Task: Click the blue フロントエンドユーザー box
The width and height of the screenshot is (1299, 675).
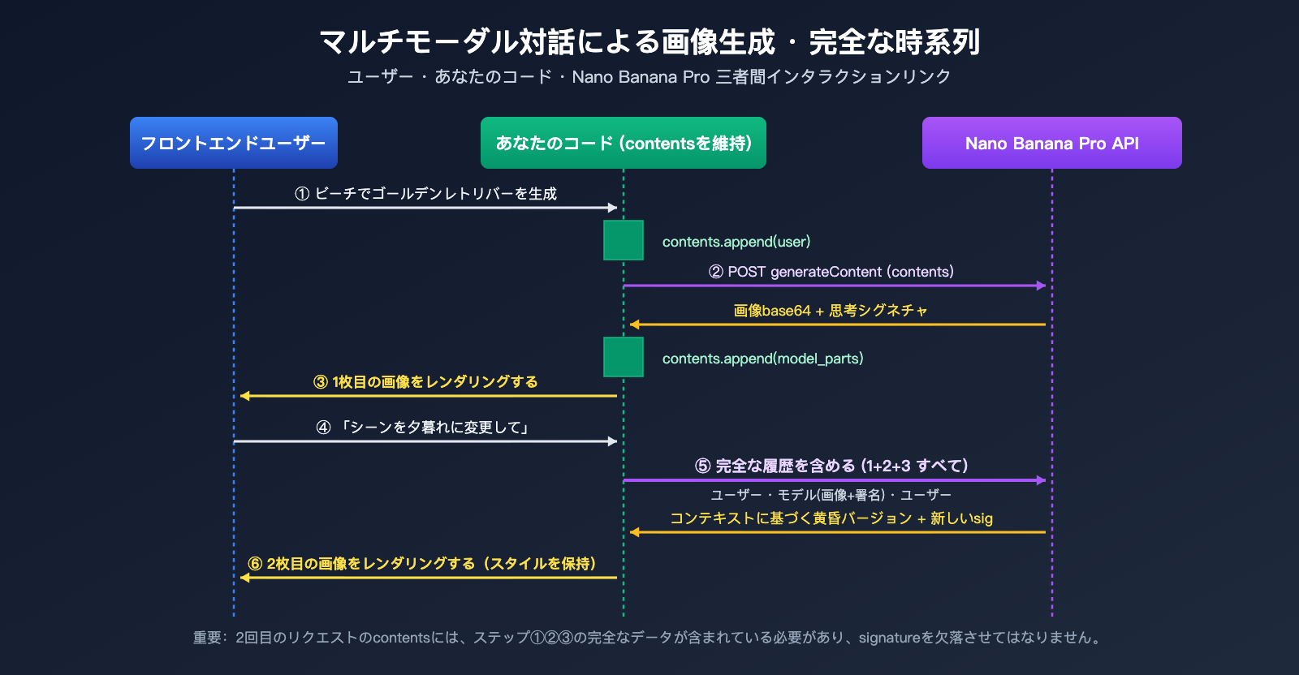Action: click(233, 143)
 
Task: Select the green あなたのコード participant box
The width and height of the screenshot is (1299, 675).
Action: click(623, 143)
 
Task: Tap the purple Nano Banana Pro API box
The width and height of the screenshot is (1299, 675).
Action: click(1051, 143)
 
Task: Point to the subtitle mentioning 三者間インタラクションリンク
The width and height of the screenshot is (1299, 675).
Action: click(649, 77)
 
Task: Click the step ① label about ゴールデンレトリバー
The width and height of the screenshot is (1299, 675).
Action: click(425, 194)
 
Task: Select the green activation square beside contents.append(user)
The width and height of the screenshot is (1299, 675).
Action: click(624, 240)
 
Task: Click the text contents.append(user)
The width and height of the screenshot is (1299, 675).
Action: click(736, 242)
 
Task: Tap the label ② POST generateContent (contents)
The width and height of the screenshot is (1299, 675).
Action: click(831, 272)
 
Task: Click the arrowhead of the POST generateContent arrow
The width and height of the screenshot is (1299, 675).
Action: click(1042, 286)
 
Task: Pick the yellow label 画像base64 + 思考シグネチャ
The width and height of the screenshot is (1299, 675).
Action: click(830, 311)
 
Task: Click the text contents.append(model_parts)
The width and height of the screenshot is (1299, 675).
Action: click(762, 359)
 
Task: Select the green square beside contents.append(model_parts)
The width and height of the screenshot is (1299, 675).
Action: click(624, 357)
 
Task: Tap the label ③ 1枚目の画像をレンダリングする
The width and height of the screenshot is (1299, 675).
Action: click(425, 382)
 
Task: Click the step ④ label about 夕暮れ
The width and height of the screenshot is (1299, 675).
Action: click(423, 428)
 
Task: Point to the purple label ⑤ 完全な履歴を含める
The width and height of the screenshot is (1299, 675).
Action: click(831, 466)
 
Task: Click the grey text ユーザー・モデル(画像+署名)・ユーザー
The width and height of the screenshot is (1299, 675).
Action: click(831, 495)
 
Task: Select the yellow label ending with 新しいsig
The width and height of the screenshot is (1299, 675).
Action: click(831, 518)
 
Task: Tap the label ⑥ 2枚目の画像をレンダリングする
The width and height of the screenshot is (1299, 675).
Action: click(422, 564)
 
